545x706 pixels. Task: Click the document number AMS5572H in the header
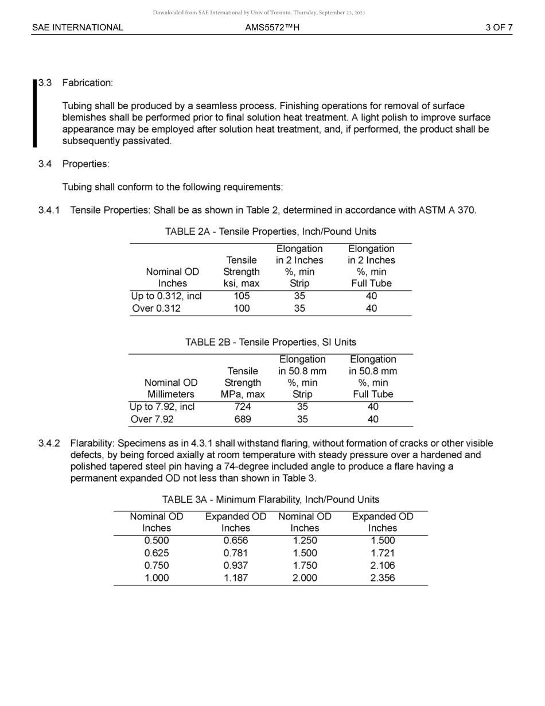pyautogui.click(x=272, y=27)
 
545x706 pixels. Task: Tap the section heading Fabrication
pyautogui.click(x=87, y=83)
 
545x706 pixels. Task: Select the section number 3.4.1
pyautogui.click(x=49, y=210)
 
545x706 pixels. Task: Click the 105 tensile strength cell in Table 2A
pyautogui.click(x=242, y=296)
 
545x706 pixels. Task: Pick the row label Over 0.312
pyautogui.click(x=156, y=308)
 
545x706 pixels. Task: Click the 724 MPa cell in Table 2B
pyautogui.click(x=243, y=406)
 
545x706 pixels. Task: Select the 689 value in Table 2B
pyautogui.click(x=243, y=419)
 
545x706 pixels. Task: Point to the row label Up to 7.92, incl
pyautogui.click(x=162, y=406)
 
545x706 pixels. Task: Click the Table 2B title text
pyautogui.click(x=270, y=342)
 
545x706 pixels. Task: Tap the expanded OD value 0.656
pyautogui.click(x=236, y=541)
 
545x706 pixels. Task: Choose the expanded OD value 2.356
pyautogui.click(x=383, y=578)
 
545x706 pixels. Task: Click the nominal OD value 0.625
pyautogui.click(x=157, y=553)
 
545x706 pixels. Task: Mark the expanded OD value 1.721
pyautogui.click(x=383, y=553)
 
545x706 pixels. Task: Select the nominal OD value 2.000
pyautogui.click(x=305, y=578)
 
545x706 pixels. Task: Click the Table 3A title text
pyautogui.click(x=270, y=499)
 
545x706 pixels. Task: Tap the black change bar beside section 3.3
pyautogui.click(x=35, y=113)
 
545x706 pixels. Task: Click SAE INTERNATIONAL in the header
pyautogui.click(x=77, y=27)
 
